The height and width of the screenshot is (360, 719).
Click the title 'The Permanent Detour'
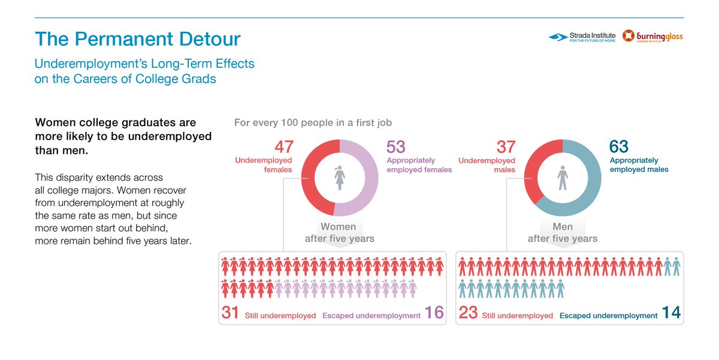[138, 39]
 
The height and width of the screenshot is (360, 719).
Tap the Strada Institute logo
[582, 37]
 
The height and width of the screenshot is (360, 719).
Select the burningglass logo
[652, 37]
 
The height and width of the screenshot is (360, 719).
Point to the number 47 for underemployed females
[284, 147]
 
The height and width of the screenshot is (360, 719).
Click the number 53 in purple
[396, 147]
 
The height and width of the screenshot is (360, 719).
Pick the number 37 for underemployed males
[506, 147]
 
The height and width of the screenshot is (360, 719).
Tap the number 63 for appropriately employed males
[619, 147]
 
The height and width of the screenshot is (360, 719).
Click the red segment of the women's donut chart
[309, 177]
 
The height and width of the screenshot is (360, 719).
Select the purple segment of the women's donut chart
[371, 177]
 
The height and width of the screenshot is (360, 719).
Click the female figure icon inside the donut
[340, 178]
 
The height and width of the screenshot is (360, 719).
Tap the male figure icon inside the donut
[563, 178]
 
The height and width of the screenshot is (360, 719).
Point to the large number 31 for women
[230, 313]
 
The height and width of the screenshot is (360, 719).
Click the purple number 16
[434, 313]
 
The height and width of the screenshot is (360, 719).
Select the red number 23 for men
[469, 313]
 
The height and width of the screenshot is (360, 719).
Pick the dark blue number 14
[671, 313]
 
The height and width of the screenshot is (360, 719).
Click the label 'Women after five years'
[339, 232]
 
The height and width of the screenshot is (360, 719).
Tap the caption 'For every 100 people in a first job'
[313, 123]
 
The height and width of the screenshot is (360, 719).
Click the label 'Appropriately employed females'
[419, 165]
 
